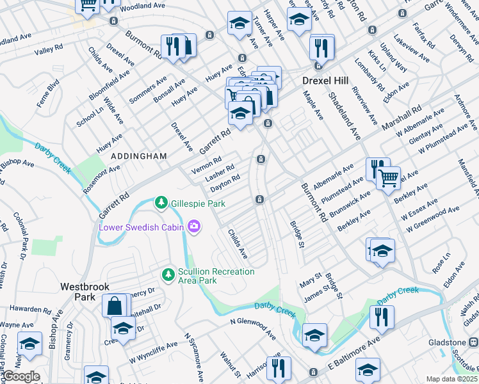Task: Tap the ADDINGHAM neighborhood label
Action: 139,156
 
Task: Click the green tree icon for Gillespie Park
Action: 161,203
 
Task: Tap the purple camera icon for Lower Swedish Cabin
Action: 193,226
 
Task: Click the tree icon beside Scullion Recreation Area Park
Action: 168,275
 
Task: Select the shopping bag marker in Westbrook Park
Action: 114,305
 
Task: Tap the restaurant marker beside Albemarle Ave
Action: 378,169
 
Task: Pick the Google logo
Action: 21,376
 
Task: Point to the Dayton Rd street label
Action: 225,182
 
